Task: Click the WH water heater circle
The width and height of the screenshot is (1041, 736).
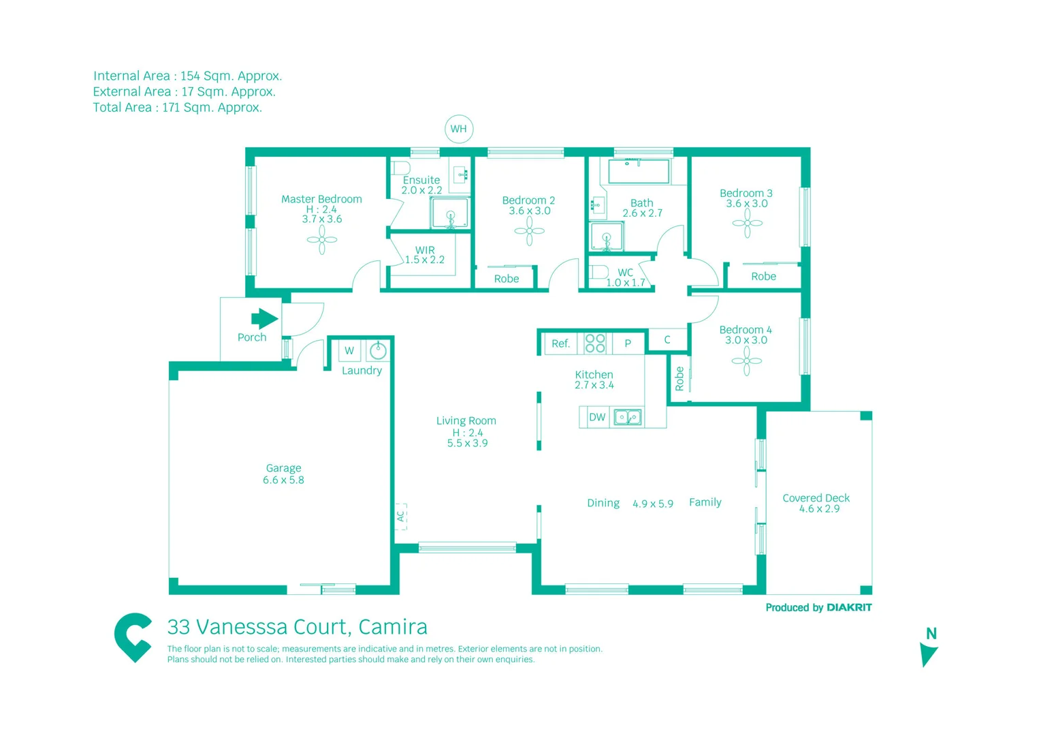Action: (x=458, y=129)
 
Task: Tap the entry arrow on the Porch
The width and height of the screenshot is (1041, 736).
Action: (x=264, y=318)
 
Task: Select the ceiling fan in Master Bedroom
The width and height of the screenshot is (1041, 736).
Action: (x=322, y=239)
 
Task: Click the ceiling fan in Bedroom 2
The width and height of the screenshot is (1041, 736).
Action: (x=529, y=230)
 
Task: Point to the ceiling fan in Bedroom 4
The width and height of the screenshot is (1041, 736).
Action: (x=747, y=361)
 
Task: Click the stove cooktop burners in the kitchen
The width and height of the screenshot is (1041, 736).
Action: (x=595, y=343)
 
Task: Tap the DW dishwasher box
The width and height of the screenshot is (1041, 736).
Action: (x=597, y=417)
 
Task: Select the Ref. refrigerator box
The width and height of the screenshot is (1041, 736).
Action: (x=560, y=343)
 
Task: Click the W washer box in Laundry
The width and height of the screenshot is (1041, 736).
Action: (x=349, y=351)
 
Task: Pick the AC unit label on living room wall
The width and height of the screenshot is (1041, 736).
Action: (x=401, y=516)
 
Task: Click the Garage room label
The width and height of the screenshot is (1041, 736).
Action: (x=283, y=468)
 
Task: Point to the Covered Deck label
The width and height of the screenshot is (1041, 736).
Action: (x=816, y=498)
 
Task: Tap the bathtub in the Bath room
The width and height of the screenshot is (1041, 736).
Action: (x=639, y=171)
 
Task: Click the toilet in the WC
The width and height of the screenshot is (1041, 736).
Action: (x=598, y=272)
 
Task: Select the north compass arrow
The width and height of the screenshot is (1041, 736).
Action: (x=928, y=654)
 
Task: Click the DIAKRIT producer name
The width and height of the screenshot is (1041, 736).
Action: (x=849, y=607)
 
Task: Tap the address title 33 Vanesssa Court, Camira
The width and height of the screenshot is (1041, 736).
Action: (x=298, y=626)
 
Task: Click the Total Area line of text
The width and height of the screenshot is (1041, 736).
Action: (x=178, y=108)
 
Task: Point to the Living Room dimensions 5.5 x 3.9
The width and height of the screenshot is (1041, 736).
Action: (x=467, y=443)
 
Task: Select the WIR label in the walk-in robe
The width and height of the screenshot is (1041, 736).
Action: (x=425, y=250)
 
